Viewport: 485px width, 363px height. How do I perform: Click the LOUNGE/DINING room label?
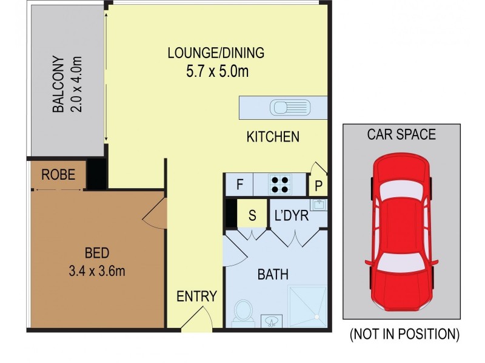[x=216, y=53]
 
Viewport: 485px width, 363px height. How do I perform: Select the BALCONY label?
[x=58, y=84]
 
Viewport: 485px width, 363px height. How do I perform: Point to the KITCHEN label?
[x=272, y=137]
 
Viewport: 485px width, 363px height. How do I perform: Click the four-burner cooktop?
[x=279, y=184]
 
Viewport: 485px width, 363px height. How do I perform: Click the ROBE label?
[x=58, y=175]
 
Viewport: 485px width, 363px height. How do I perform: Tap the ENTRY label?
[x=196, y=296]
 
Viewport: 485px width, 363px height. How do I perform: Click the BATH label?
[x=273, y=275]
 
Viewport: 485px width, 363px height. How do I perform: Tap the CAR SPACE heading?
[x=401, y=134]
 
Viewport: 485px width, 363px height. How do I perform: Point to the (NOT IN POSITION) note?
[x=404, y=333]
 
